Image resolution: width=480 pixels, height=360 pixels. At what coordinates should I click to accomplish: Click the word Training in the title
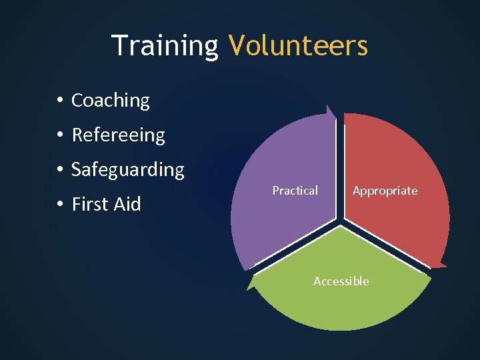[165, 45]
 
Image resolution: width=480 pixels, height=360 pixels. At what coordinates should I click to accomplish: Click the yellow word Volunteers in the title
[297, 45]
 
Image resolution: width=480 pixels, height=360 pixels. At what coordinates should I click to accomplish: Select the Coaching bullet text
[111, 100]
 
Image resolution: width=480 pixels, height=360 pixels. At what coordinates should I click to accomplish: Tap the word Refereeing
[118, 135]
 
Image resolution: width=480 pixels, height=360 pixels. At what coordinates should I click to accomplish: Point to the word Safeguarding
[127, 169]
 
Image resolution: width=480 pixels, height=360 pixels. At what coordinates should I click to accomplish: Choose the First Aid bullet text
[106, 204]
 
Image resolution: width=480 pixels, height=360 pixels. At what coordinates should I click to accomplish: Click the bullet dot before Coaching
[60, 101]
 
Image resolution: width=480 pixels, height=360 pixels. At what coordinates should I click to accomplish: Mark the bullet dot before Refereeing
[60, 135]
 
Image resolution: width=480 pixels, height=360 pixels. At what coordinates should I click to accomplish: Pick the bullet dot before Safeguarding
[60, 170]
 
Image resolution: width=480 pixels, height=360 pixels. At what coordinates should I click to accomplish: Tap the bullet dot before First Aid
[60, 205]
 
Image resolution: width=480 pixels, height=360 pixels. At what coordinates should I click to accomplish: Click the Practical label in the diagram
[295, 191]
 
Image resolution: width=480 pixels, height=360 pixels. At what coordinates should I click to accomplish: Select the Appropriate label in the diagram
[385, 191]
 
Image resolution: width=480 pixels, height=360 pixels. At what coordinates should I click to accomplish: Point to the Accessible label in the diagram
[341, 281]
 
